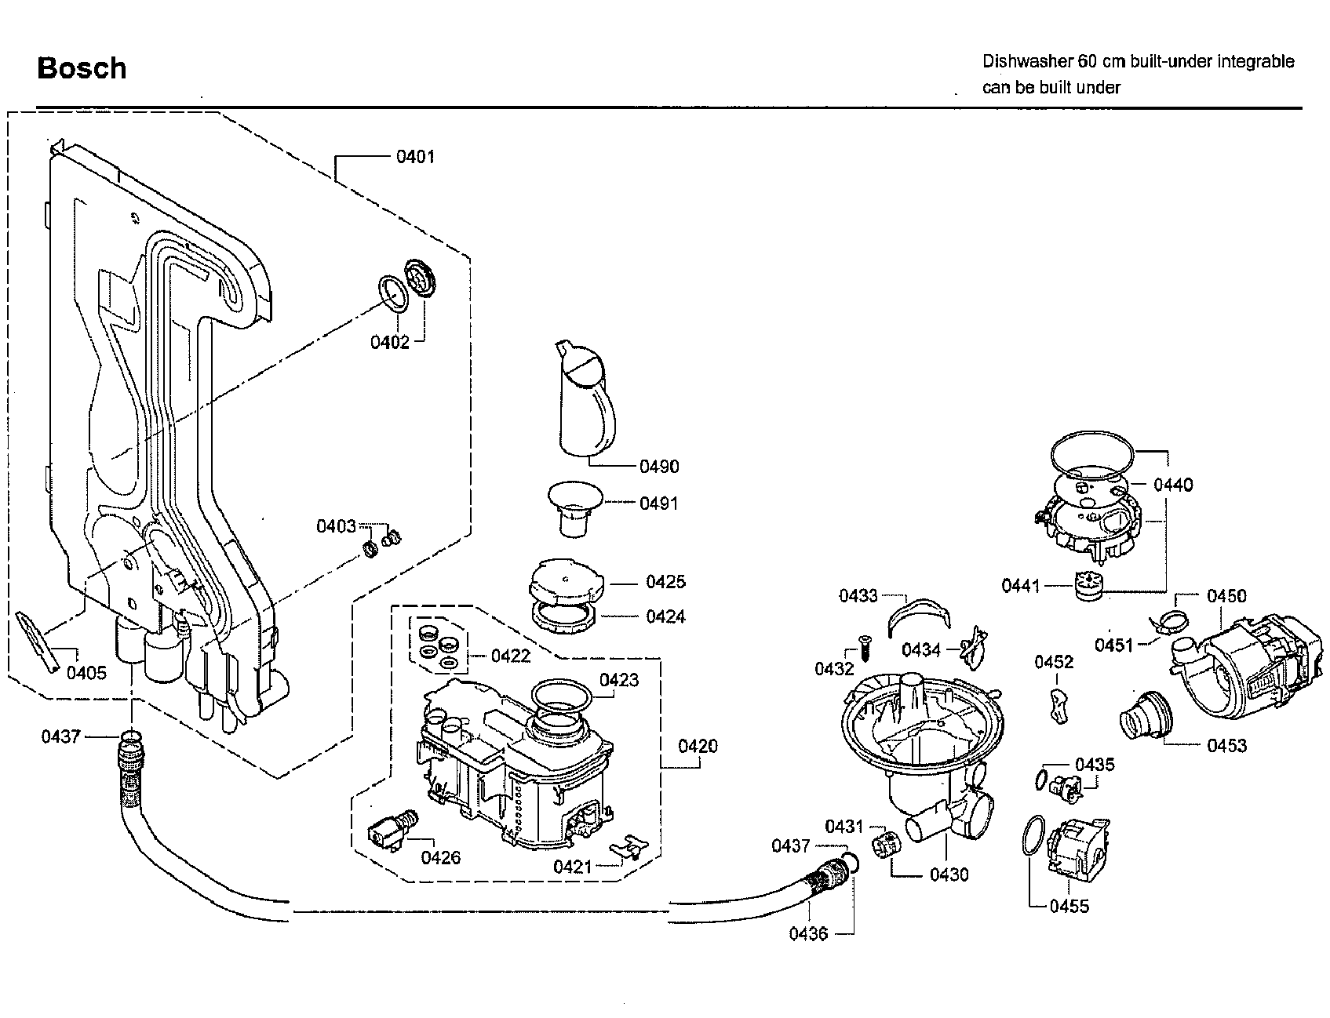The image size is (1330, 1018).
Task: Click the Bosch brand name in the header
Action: point(82,68)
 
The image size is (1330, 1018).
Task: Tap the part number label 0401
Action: point(415,156)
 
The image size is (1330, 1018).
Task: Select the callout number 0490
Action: point(659,467)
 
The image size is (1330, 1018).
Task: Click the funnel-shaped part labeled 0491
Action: point(575,508)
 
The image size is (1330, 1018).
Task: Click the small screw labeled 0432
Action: point(862,645)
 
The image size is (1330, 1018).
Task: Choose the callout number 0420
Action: point(698,746)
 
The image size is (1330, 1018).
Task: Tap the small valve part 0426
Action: point(392,829)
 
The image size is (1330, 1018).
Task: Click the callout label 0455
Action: point(1069,906)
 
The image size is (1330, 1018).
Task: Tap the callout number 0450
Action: point(1226,595)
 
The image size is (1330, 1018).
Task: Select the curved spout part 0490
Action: point(585,398)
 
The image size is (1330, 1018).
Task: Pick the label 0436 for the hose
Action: point(809,934)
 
